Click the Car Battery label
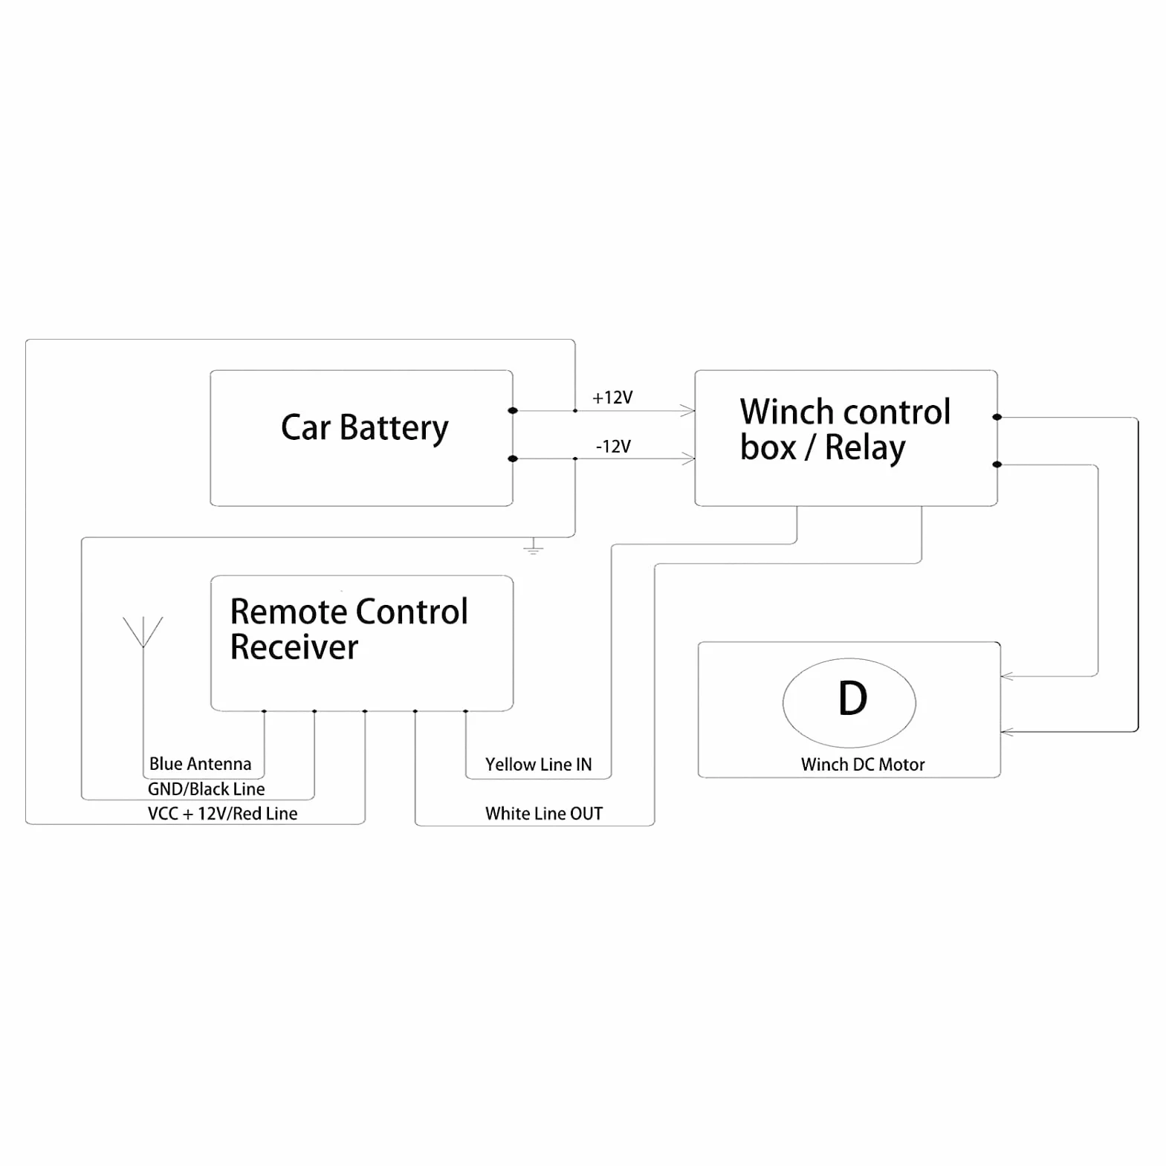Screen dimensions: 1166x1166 [364, 428]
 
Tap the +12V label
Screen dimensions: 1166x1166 [612, 398]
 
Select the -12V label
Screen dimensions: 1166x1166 [613, 447]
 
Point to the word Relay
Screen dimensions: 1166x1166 [865, 448]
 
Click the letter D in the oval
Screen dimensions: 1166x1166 [852, 699]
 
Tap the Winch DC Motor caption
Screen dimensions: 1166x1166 [863, 765]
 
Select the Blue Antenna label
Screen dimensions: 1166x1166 [200, 764]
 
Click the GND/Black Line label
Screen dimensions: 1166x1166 [206, 789]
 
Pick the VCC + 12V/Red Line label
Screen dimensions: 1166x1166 [222, 814]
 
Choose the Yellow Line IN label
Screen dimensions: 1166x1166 [538, 765]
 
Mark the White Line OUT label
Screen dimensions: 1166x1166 [544, 814]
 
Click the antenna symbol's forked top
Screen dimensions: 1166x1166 [143, 632]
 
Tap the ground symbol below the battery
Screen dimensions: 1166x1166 [534, 548]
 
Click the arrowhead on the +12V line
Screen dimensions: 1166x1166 [687, 410]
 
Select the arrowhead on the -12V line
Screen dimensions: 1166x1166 [687, 459]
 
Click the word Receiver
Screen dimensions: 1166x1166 [294, 647]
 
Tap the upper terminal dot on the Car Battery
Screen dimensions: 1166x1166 [513, 410]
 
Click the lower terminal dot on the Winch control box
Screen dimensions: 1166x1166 [997, 464]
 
